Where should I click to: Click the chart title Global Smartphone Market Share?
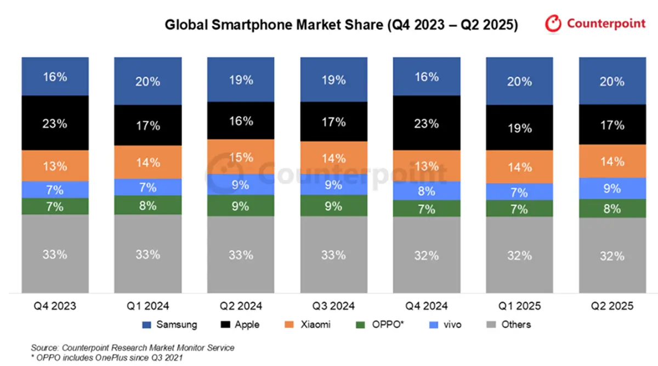[x=341, y=25]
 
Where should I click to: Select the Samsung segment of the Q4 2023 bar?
[x=55, y=76]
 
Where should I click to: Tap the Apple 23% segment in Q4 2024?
[x=427, y=123]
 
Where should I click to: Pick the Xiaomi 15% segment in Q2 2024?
[x=241, y=157]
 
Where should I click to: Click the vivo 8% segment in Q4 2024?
[x=427, y=191]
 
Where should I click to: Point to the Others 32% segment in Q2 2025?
[x=612, y=256]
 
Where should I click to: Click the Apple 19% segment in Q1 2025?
[x=519, y=128]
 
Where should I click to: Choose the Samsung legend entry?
[x=169, y=324]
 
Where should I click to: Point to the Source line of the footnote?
[x=133, y=347]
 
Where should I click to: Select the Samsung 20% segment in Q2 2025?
[x=612, y=81]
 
